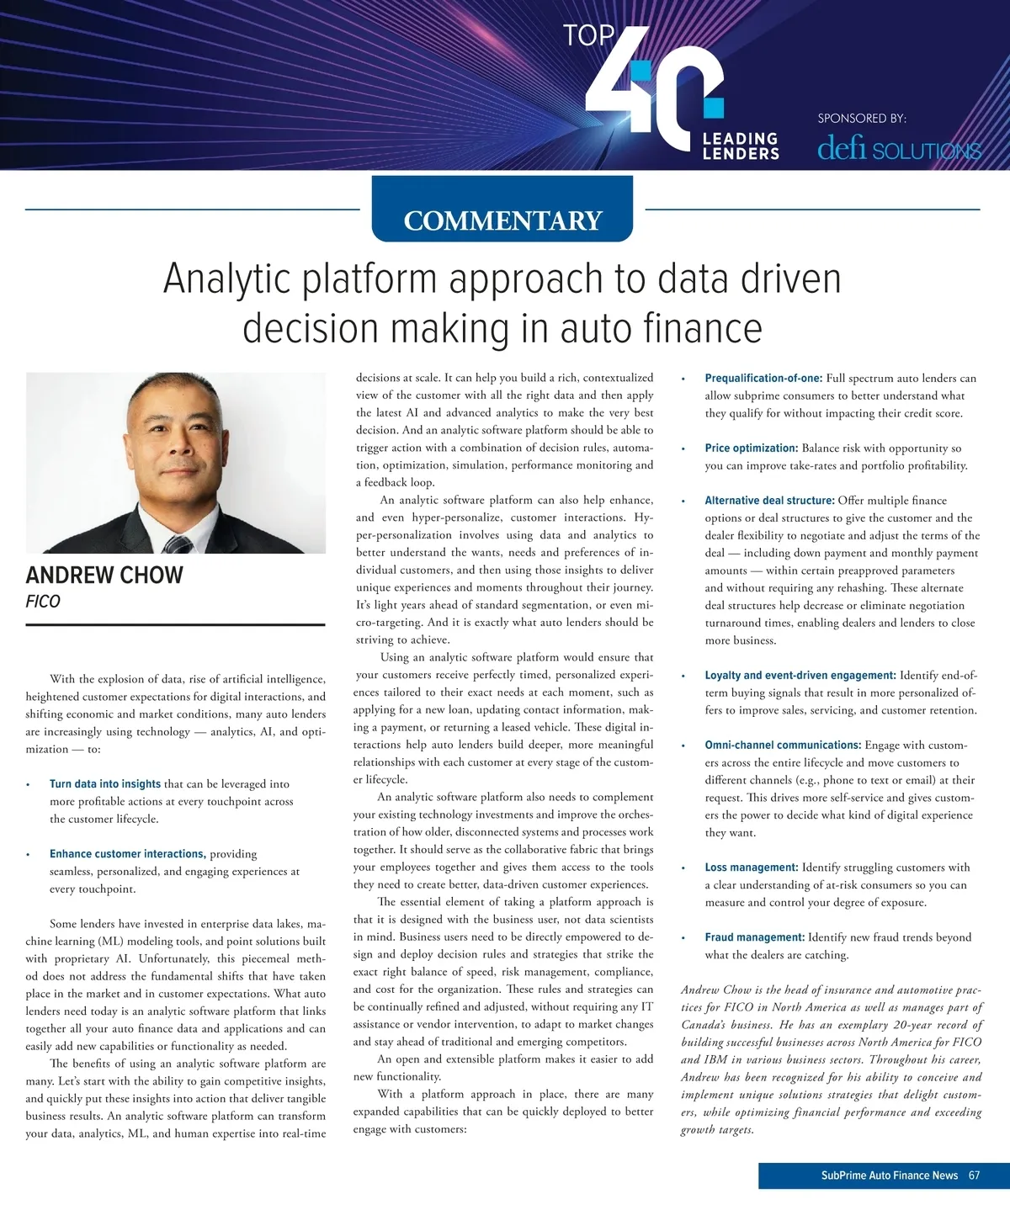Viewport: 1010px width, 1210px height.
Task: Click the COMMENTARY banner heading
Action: coord(502,220)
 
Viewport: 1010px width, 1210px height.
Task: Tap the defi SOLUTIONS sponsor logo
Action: coord(899,150)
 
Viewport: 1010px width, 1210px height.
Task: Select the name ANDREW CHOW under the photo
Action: coord(104,576)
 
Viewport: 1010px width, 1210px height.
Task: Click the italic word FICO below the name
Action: coord(43,602)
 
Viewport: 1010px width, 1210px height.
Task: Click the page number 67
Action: coord(974,1176)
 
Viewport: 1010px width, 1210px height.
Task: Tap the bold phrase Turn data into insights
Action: coord(105,784)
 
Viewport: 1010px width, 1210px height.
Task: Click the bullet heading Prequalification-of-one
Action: coord(763,379)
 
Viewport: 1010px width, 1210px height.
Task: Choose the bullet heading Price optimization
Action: coord(752,448)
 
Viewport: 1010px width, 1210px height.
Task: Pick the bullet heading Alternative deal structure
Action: coord(769,501)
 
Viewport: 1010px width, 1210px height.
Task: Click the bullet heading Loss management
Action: coord(752,868)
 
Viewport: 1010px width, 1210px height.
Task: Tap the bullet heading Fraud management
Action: coord(755,937)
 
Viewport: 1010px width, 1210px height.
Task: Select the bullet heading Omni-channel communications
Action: coord(783,745)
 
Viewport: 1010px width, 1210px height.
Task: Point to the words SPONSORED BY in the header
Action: coord(862,119)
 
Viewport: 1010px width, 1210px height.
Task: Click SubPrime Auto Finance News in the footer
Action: coord(890,1176)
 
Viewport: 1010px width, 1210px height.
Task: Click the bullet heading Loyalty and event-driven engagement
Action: coord(800,676)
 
